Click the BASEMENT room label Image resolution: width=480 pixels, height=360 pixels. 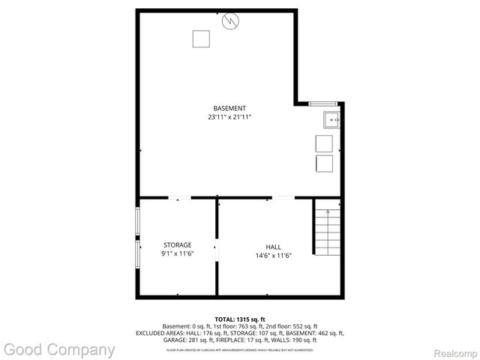click(x=229, y=108)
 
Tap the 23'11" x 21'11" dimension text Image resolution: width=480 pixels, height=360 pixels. click(x=229, y=117)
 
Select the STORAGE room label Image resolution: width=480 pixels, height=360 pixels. click(x=178, y=244)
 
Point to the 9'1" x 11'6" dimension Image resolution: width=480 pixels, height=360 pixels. click(x=178, y=254)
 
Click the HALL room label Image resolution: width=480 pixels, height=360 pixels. click(x=273, y=247)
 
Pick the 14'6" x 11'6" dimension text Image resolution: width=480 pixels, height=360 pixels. click(x=273, y=256)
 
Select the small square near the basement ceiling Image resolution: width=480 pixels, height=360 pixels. click(x=199, y=38)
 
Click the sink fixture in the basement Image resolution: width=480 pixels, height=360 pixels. click(x=331, y=118)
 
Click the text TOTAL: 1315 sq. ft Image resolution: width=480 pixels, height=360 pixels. click(x=240, y=319)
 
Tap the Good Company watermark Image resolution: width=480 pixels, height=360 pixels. click(x=58, y=349)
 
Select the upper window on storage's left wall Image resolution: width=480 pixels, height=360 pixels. click(x=137, y=222)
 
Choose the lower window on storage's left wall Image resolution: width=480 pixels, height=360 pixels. click(x=137, y=253)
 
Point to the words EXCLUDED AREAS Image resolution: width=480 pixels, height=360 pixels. click(x=160, y=333)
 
